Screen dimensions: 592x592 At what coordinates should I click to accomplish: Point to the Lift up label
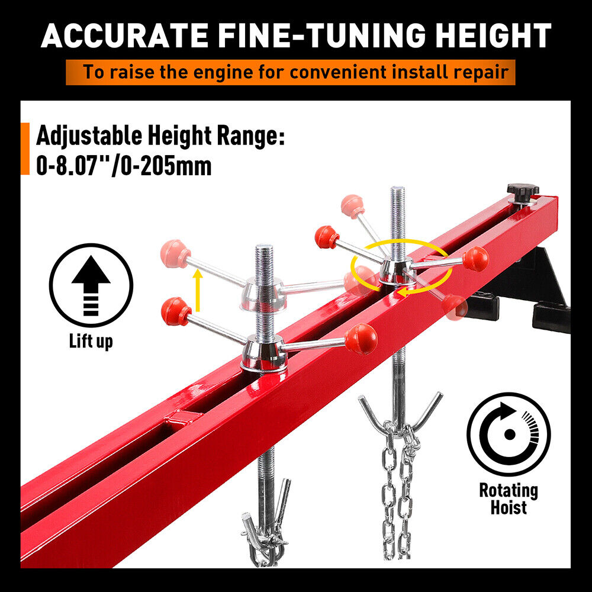(x=91, y=341)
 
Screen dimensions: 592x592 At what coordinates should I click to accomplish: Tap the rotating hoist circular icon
(x=508, y=434)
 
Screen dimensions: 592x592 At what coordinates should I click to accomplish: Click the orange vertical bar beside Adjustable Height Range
(x=25, y=149)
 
